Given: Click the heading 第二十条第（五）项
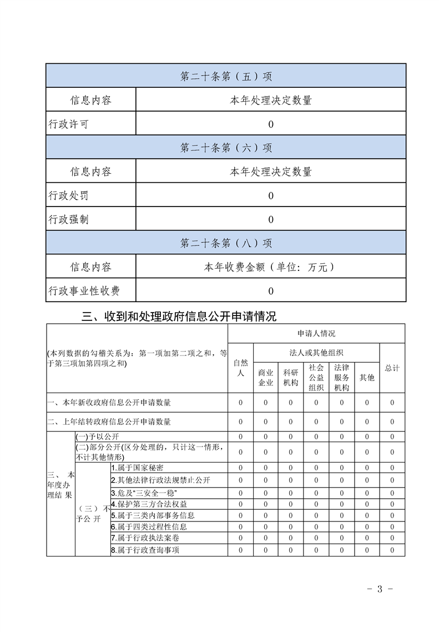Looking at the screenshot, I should point(226,76).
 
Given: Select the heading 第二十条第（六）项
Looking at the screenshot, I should point(226,148).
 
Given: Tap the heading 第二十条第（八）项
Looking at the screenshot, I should point(226,243).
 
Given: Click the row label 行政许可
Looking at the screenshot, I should point(68,124).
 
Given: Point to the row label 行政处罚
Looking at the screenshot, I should point(68,195).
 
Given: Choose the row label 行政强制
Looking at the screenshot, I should point(68,219).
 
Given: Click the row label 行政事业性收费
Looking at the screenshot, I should point(84,290).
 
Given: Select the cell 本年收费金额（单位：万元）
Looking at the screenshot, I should point(270,267).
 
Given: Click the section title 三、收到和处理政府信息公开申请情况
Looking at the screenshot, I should point(179,317).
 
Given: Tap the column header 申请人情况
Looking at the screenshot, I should point(316,334).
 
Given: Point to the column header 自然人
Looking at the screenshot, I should point(240,368).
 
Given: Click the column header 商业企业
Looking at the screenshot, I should point(266,378).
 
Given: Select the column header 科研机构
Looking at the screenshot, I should point(291,378).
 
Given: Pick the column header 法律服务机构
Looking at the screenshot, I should point(341,378).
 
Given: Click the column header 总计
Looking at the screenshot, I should point(392,368).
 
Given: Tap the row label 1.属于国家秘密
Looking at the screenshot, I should point(138,468).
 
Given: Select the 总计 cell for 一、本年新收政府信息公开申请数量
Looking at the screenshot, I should point(392,403).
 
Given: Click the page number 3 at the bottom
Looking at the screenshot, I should point(380,589).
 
